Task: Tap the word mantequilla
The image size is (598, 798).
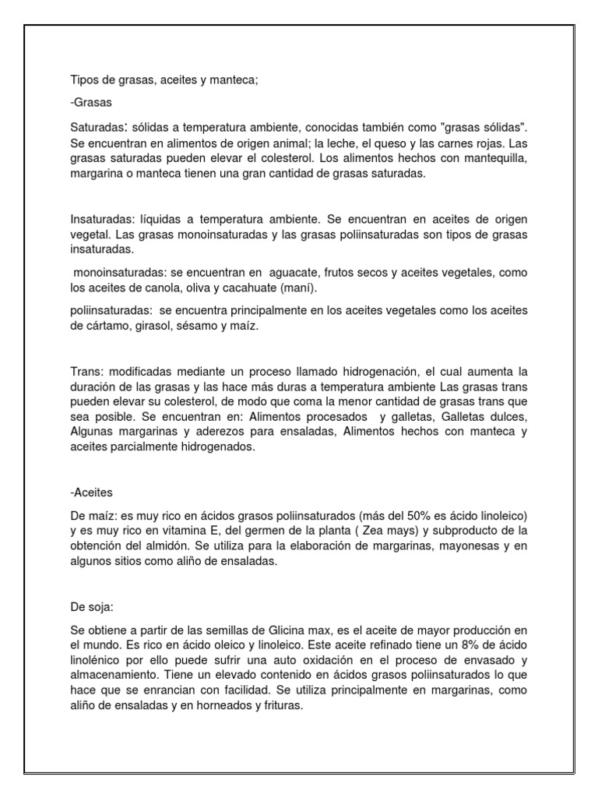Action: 494,160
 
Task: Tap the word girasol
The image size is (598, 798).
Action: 155,327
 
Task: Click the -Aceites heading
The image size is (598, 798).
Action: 90,493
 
